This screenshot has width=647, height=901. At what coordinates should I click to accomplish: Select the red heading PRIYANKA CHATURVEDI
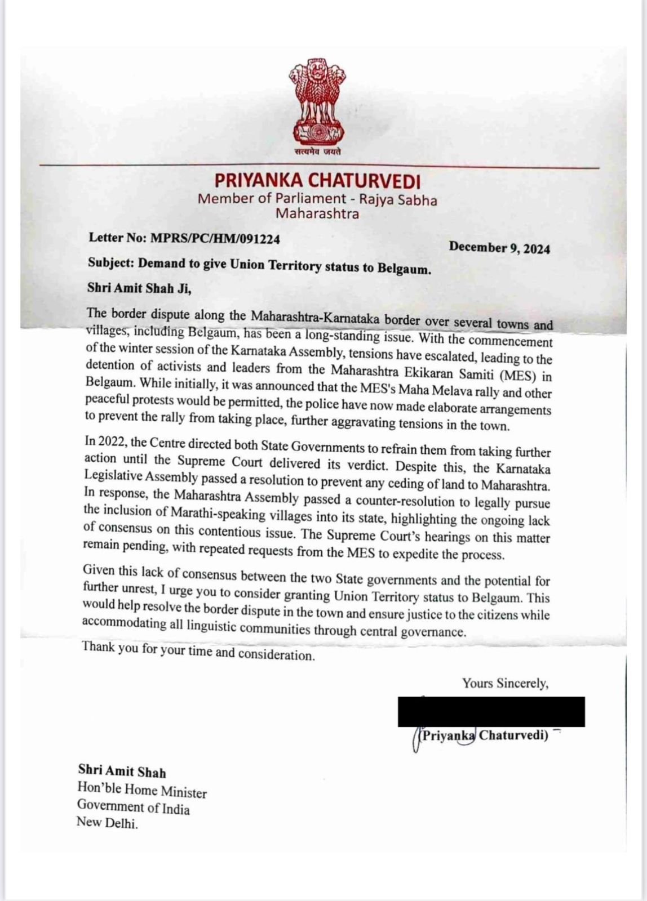pos(317,181)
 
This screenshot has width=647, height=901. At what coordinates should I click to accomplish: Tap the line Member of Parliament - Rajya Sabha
pos(317,199)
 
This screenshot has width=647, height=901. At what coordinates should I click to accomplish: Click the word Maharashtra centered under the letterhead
pos(317,213)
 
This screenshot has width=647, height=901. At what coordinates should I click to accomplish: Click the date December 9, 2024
pos(499,248)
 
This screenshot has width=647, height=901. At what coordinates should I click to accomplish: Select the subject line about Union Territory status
pos(260,265)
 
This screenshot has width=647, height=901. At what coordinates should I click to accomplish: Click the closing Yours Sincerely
pos(505,683)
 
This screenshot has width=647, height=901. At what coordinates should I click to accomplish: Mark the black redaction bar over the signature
pos(491,712)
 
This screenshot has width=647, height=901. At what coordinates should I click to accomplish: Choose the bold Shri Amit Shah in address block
pos(122,771)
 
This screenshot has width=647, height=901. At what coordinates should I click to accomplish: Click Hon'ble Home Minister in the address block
pos(142,792)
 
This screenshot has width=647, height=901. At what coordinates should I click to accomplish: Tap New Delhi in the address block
pos(107,823)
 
